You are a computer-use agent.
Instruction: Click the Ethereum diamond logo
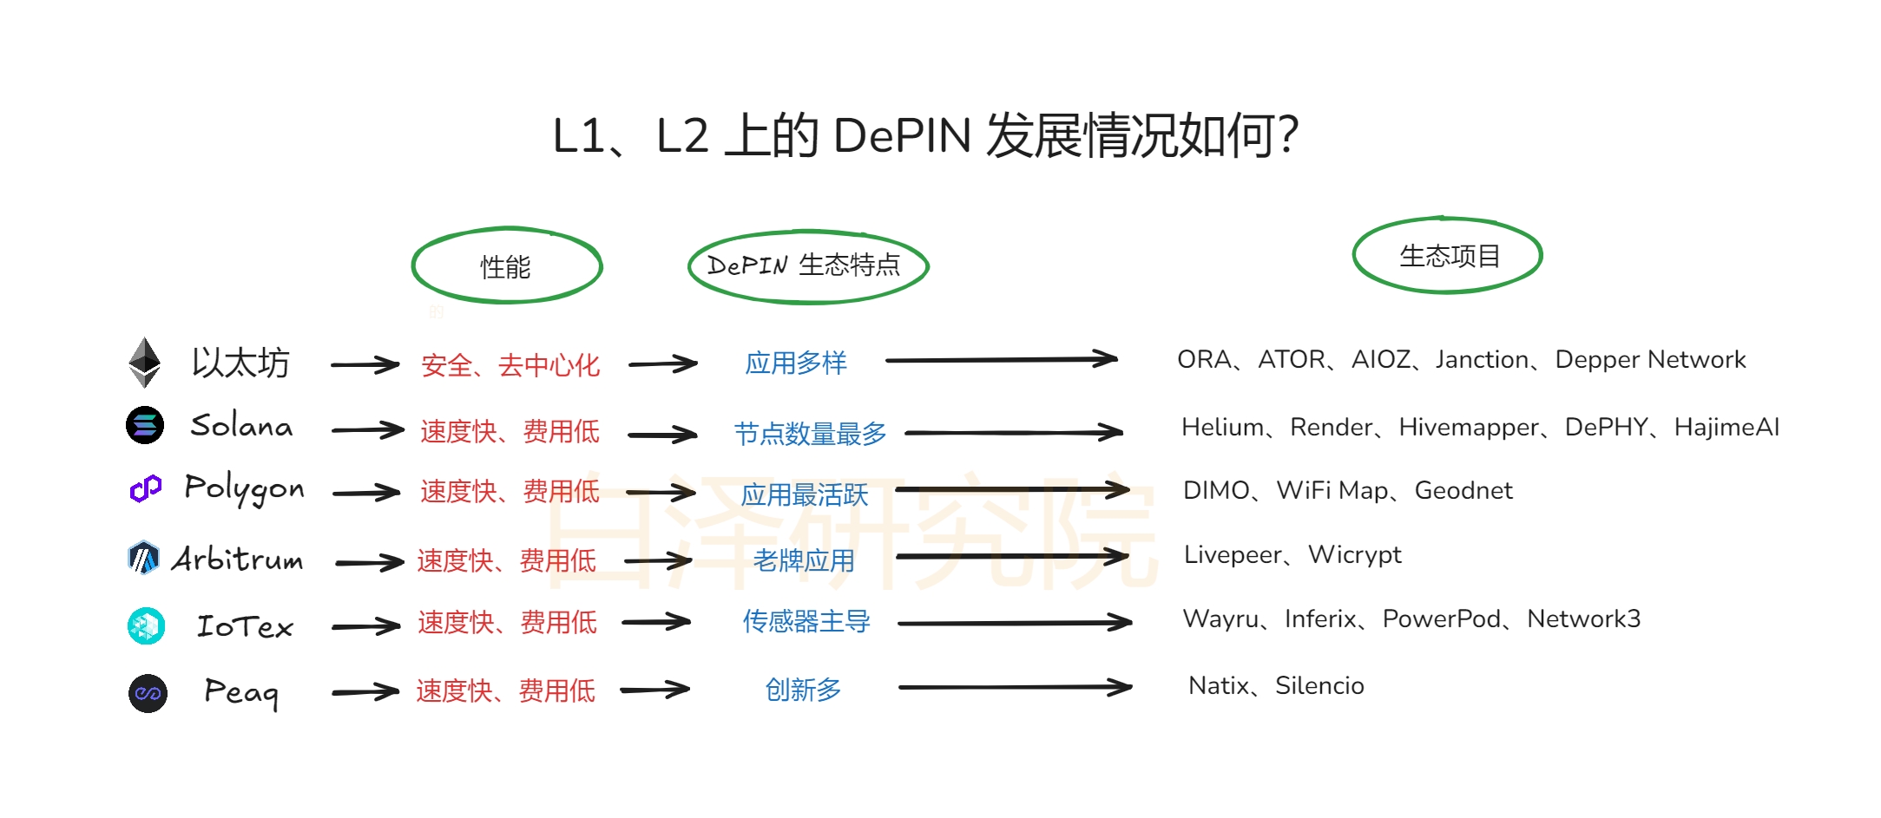144,362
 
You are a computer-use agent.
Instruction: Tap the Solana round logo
145,425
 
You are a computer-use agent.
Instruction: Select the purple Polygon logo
146,489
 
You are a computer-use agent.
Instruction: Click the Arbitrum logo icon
143,558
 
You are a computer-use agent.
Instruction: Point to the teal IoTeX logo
146,625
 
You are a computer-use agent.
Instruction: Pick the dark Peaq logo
148,693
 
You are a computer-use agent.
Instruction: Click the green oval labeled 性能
507,266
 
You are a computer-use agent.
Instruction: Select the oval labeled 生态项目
1447,256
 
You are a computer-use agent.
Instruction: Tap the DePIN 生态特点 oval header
807,265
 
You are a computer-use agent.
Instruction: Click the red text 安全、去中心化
510,365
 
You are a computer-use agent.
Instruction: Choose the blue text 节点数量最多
810,433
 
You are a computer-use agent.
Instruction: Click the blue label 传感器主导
806,621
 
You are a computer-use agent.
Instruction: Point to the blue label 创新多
803,690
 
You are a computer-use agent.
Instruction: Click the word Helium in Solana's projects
1222,427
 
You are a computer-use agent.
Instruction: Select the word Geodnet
1463,491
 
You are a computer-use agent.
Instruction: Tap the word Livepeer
1233,555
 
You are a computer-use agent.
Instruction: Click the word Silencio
1319,686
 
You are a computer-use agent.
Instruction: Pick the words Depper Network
1650,360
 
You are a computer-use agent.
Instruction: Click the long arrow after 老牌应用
1012,556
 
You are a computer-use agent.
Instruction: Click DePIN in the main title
902,136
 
